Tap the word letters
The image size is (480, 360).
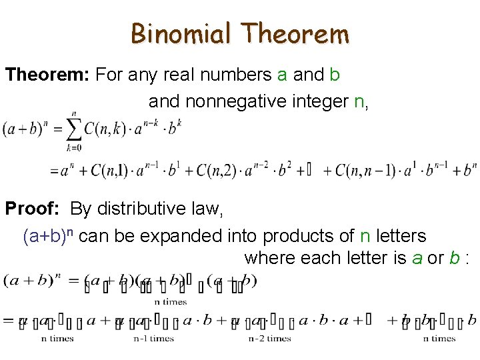click(400, 236)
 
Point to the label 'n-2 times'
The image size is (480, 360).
click(270, 339)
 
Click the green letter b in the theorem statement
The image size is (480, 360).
click(335, 75)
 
